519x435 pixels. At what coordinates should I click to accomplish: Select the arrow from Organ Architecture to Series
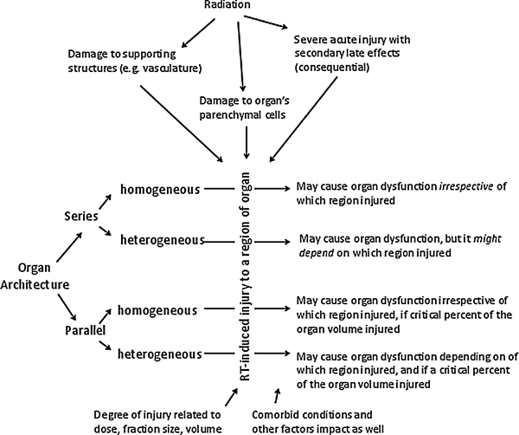tap(56, 246)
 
